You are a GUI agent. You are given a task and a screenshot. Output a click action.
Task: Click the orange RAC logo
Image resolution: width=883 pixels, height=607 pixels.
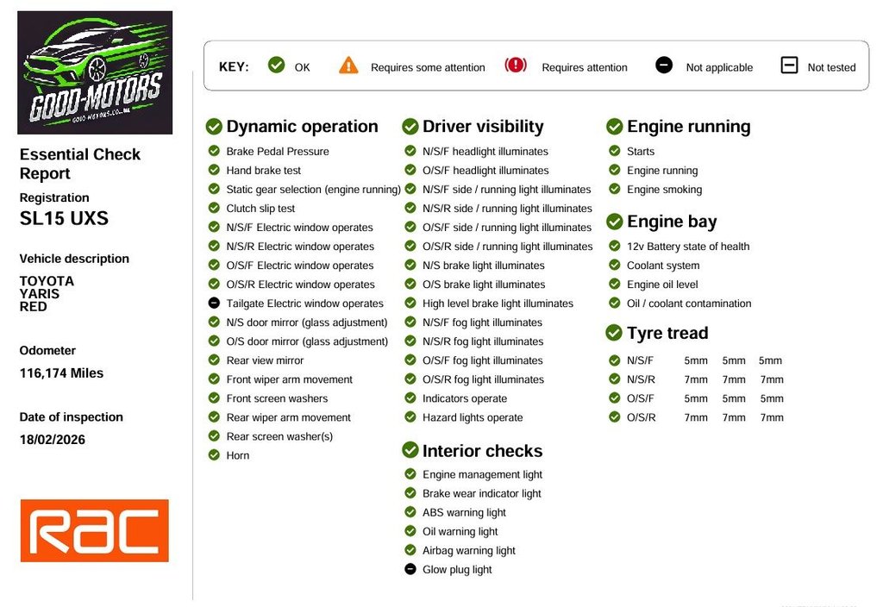[95, 530]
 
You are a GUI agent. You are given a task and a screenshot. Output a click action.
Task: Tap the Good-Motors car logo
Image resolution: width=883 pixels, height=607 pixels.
[95, 72]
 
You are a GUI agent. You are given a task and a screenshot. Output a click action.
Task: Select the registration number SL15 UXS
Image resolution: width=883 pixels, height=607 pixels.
[64, 218]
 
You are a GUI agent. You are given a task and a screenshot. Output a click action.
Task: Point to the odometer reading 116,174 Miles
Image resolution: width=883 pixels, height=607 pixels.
[61, 373]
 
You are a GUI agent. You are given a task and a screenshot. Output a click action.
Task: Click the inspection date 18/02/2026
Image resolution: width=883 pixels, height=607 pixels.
[53, 440]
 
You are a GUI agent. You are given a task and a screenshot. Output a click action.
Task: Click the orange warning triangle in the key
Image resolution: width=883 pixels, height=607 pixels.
[348, 66]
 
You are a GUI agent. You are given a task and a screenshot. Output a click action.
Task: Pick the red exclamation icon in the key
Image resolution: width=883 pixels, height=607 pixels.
[516, 66]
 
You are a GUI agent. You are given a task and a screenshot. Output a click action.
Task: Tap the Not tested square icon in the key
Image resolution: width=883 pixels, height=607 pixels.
[789, 66]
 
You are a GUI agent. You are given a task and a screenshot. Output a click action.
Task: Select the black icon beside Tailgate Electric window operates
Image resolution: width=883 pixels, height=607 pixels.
[214, 303]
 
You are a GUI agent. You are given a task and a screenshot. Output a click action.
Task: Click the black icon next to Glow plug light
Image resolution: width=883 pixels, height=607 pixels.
[410, 569]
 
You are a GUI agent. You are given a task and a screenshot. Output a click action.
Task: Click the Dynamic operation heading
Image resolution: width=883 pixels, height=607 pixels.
[302, 126]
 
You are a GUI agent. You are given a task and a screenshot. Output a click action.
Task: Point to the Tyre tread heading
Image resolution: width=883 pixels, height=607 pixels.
[667, 333]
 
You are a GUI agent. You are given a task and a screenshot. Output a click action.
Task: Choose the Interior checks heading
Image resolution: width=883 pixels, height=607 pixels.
[482, 450]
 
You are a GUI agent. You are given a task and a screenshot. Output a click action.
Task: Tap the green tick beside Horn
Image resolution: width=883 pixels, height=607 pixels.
[214, 454]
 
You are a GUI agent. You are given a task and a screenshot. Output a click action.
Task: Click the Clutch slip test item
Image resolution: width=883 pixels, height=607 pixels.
[260, 209]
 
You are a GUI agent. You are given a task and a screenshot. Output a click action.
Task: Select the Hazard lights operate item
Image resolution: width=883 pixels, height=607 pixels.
[473, 417]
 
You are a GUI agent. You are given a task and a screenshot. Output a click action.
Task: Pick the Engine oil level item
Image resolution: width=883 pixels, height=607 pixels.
[662, 285]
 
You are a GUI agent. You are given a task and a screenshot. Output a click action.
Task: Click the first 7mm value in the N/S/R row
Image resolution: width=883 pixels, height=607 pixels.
[696, 379]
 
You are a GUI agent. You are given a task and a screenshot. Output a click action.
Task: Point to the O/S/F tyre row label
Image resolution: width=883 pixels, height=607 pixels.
[641, 398]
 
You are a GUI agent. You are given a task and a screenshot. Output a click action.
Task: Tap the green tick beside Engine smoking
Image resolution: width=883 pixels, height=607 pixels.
[614, 189]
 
